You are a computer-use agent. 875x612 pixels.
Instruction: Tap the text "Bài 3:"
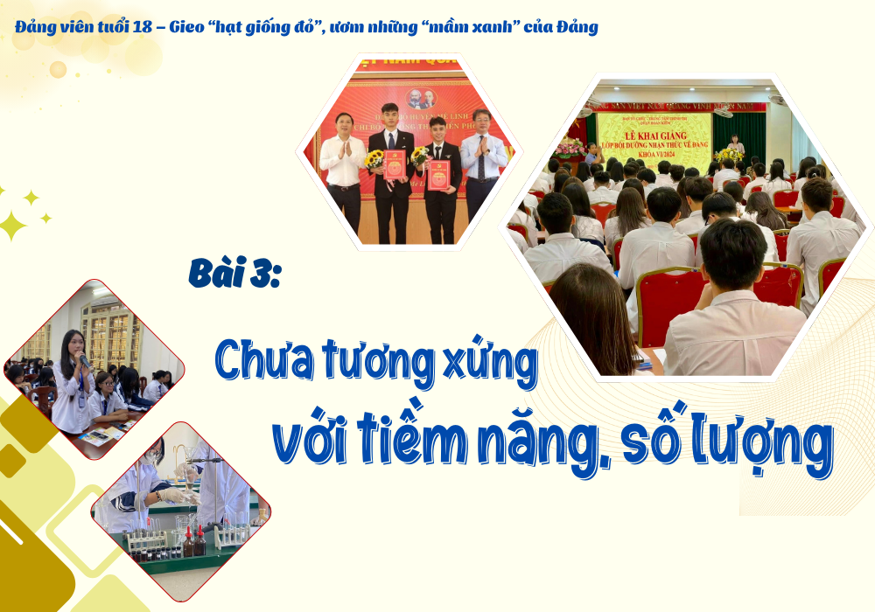tap(234, 273)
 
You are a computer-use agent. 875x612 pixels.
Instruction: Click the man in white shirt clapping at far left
tap(342, 166)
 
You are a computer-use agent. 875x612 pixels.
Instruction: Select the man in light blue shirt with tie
tap(480, 166)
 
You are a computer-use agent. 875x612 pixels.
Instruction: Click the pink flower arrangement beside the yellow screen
tap(570, 148)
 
